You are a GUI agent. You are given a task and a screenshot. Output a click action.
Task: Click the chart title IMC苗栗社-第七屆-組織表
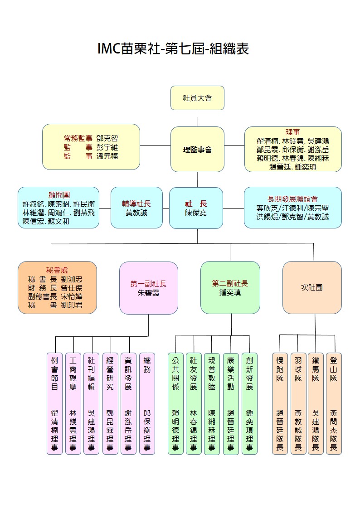(173, 48)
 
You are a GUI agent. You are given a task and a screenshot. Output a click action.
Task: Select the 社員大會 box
(197, 97)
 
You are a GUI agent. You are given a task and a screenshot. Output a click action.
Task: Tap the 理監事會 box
(197, 149)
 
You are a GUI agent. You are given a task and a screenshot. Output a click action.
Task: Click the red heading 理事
(292, 132)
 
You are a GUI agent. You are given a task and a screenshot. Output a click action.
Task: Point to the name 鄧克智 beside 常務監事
(107, 139)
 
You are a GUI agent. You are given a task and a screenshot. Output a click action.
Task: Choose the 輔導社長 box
(136, 208)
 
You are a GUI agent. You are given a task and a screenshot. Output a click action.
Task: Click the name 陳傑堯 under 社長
(196, 213)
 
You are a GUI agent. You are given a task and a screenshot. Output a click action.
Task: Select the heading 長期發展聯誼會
(292, 199)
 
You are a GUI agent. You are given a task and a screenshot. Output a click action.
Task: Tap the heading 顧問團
(59, 194)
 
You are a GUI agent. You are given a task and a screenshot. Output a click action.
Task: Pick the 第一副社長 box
(148, 288)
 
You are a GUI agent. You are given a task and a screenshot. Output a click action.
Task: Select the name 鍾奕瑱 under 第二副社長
(230, 293)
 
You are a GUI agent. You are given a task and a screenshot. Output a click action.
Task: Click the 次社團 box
(311, 287)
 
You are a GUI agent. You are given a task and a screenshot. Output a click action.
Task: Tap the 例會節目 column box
(54, 403)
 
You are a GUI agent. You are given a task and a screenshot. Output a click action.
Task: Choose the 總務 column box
(147, 403)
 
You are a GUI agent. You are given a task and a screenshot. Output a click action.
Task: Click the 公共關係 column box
(175, 403)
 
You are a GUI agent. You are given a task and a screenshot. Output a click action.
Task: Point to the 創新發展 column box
(249, 403)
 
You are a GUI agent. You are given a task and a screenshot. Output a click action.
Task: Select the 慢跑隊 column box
(280, 403)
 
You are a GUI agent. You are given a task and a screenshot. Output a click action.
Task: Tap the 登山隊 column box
(334, 403)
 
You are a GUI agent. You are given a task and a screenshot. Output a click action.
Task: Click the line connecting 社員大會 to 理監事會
(197, 118)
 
